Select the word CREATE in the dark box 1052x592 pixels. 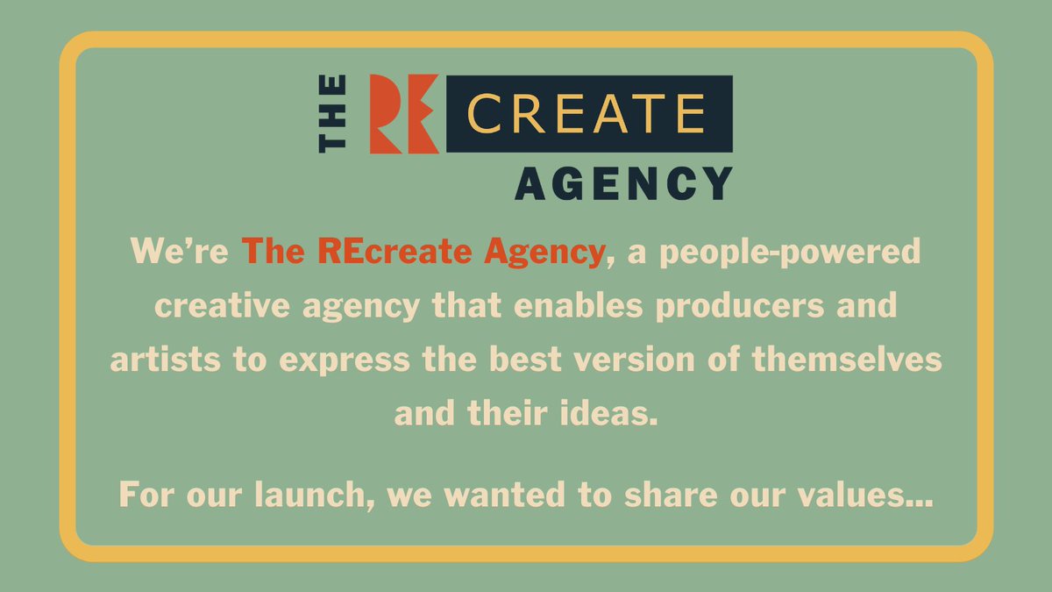click(x=586, y=114)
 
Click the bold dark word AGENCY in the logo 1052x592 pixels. click(x=623, y=183)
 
